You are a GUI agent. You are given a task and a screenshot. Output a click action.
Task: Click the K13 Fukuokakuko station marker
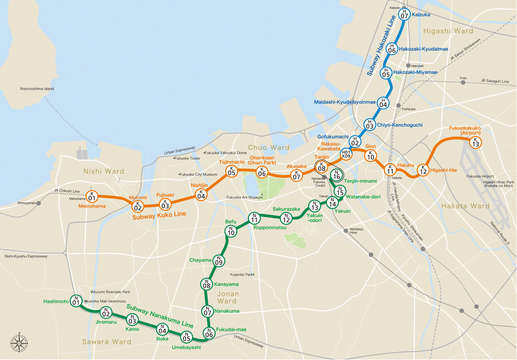[x=475, y=142]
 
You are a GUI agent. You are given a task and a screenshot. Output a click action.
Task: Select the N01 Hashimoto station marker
[x=76, y=301]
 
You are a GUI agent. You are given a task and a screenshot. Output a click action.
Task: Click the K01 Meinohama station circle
[x=92, y=197]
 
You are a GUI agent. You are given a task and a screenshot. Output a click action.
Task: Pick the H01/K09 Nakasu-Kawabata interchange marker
[x=347, y=154]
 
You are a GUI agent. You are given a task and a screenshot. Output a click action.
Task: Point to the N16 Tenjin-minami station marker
[x=336, y=175]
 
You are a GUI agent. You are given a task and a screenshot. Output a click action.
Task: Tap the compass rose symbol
[x=20, y=343]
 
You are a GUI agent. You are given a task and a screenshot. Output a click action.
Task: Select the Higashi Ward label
[x=448, y=32]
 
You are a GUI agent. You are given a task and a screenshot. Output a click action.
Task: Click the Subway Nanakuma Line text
[x=159, y=315]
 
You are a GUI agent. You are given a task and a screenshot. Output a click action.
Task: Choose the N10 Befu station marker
[x=231, y=231]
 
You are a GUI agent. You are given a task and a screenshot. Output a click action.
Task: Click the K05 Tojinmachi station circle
[x=232, y=171]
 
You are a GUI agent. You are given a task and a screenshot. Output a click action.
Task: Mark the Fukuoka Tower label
[x=187, y=158]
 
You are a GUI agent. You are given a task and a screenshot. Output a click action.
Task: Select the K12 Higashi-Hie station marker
[x=423, y=170]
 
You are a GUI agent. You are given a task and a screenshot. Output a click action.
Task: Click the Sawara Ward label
[x=107, y=342]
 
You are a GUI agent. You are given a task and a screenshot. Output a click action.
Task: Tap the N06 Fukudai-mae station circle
[x=209, y=333]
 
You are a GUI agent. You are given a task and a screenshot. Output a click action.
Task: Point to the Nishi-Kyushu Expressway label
[x=26, y=257]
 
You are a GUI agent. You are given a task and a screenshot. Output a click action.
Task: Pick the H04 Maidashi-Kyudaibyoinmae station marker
[x=383, y=103]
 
